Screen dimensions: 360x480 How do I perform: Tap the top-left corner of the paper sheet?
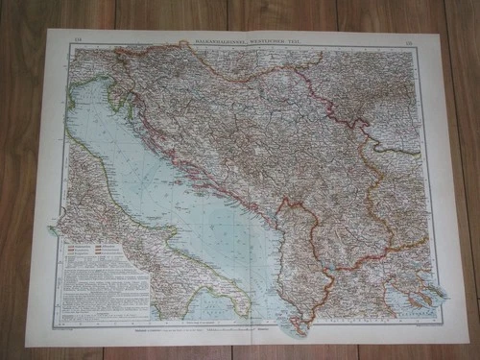tap(48, 28)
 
